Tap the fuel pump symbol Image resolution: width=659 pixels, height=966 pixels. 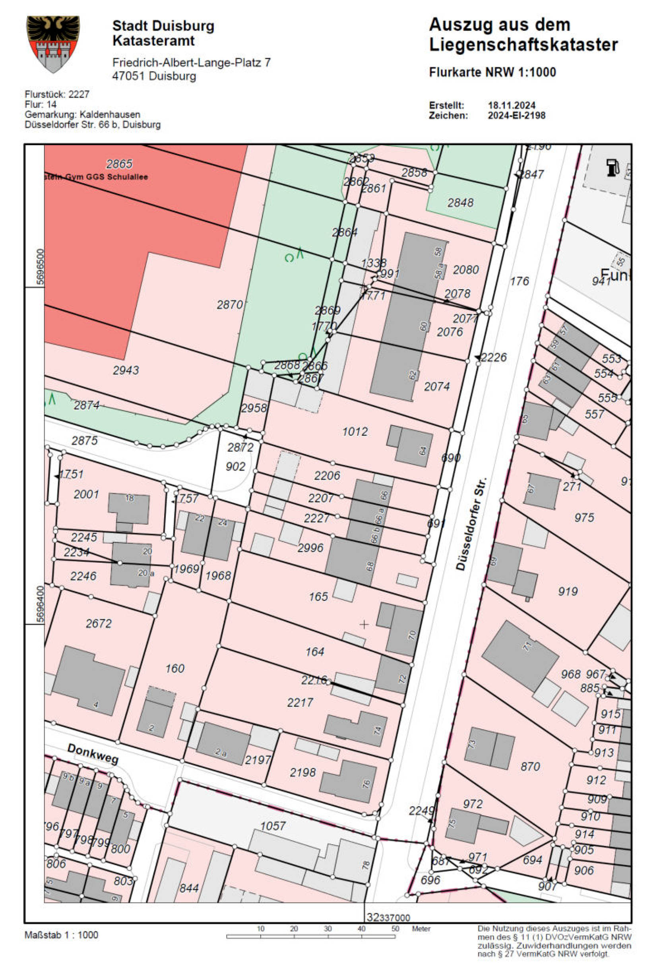[x=612, y=168]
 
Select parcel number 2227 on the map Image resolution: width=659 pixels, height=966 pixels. [x=316, y=518]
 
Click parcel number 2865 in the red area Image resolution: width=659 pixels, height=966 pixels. [x=119, y=164]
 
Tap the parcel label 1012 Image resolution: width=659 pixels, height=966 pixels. [x=355, y=432]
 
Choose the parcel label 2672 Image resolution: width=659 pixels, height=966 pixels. [x=99, y=623]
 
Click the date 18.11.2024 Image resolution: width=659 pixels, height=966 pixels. [x=512, y=105]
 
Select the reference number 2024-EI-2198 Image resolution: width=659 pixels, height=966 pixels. [x=516, y=115]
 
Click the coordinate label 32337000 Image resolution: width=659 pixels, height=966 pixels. [x=388, y=917]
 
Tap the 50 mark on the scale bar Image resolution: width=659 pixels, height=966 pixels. [x=395, y=929]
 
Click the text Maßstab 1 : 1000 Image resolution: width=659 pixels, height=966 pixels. [x=62, y=935]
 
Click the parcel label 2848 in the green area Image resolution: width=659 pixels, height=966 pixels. [x=460, y=203]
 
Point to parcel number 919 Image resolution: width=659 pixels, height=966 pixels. [x=568, y=591]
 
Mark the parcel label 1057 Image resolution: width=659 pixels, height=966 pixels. [x=273, y=825]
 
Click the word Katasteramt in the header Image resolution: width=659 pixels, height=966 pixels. [x=153, y=41]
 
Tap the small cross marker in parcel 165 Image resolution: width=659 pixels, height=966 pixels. [x=364, y=624]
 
